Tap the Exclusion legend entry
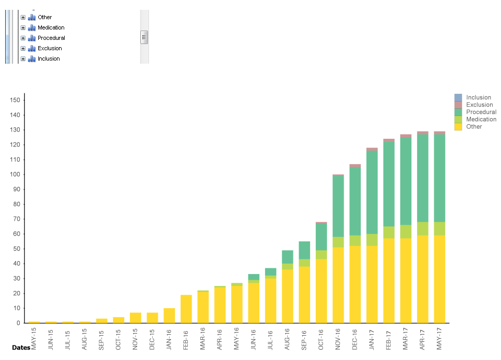(479, 105)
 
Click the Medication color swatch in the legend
(458, 119)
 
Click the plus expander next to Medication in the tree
(23, 27)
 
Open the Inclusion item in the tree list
(49, 59)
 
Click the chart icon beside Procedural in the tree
(32, 38)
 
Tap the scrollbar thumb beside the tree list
(144, 37)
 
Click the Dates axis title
(21, 348)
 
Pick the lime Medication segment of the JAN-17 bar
(372, 240)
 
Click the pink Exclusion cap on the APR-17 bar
(423, 133)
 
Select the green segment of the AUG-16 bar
(288, 257)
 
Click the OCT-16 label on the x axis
(321, 338)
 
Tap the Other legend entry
(474, 126)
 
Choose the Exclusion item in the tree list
(50, 48)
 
